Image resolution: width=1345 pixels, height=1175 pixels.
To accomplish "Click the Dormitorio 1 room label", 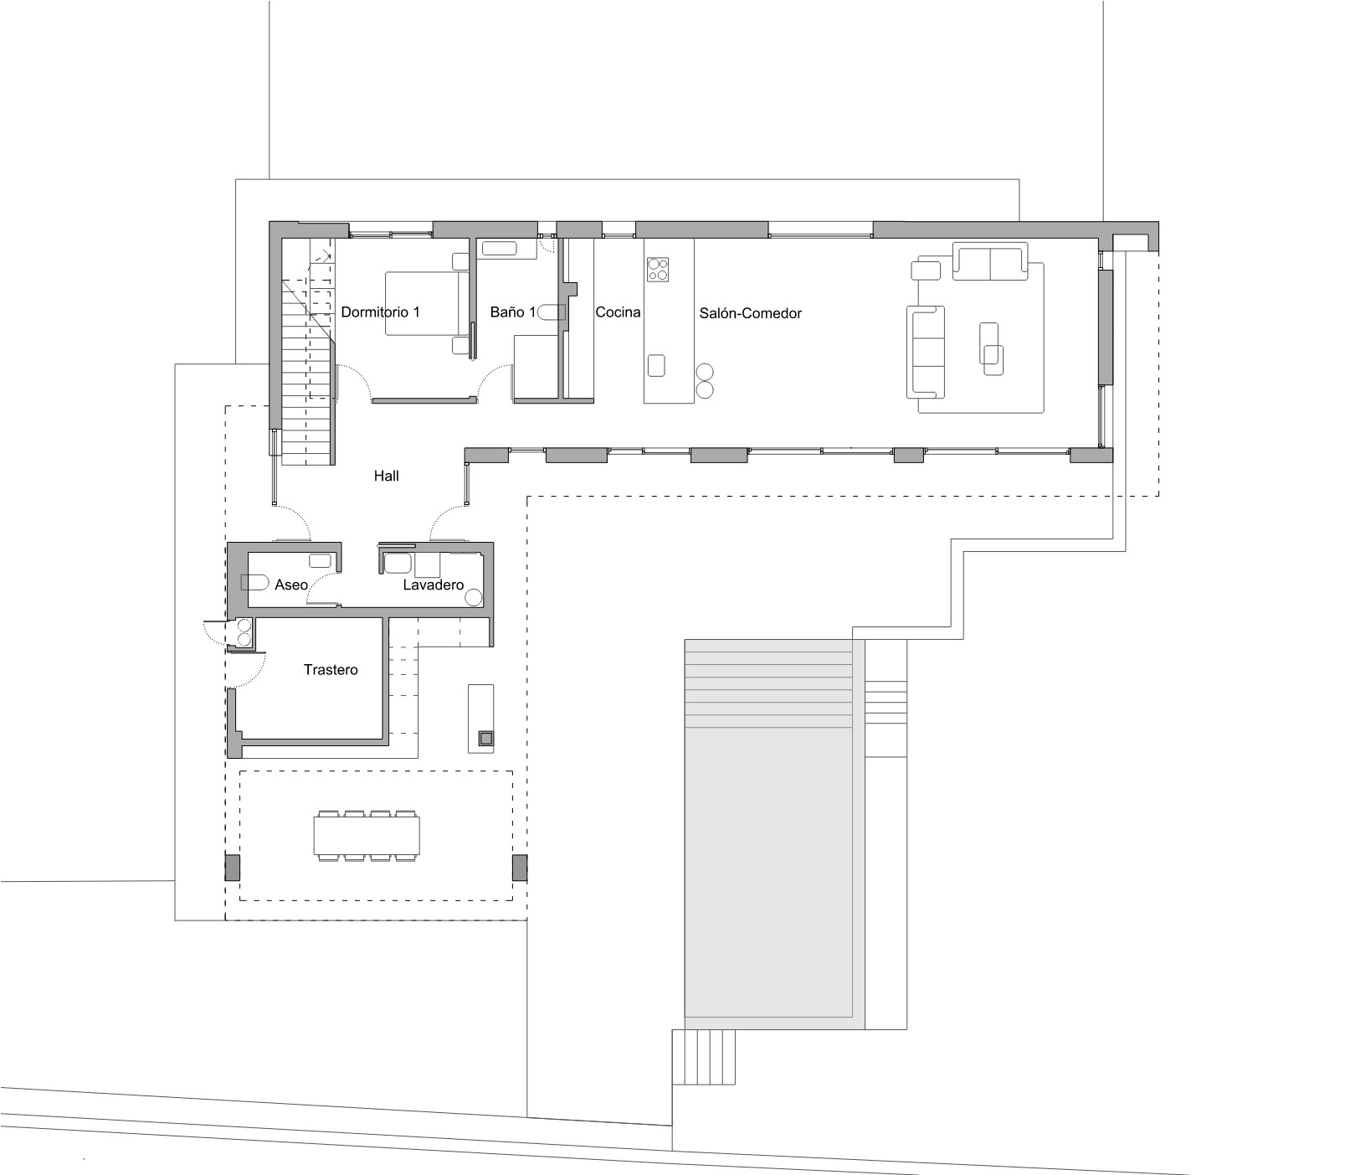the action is coord(380,312).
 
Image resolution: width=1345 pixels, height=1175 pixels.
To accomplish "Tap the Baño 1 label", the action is coord(513,312).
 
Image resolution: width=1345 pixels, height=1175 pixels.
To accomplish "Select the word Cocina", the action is coord(618,312).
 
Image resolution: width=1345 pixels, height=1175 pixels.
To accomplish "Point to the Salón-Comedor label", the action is coord(751,313).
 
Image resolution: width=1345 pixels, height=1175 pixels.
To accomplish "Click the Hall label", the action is coord(387,476).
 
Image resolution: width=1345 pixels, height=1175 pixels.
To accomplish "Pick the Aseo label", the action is coord(291,585).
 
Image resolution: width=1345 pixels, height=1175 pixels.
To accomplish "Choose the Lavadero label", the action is coord(434,585).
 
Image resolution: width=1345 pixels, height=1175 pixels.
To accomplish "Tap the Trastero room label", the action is coord(331,670).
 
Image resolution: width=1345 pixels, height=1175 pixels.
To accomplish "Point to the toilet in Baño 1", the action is coord(552,312).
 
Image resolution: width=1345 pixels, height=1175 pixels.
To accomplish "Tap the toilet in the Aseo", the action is coord(254,582).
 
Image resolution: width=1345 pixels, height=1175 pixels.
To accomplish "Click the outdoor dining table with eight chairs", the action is coord(367,835).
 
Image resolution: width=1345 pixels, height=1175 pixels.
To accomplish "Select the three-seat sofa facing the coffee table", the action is coord(926,351).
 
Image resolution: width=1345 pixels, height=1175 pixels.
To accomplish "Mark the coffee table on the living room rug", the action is coord(991,348).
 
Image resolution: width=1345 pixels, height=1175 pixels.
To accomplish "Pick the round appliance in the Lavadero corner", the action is coord(474,597).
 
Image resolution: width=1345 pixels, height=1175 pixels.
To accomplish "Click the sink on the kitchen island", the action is coord(657,366).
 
